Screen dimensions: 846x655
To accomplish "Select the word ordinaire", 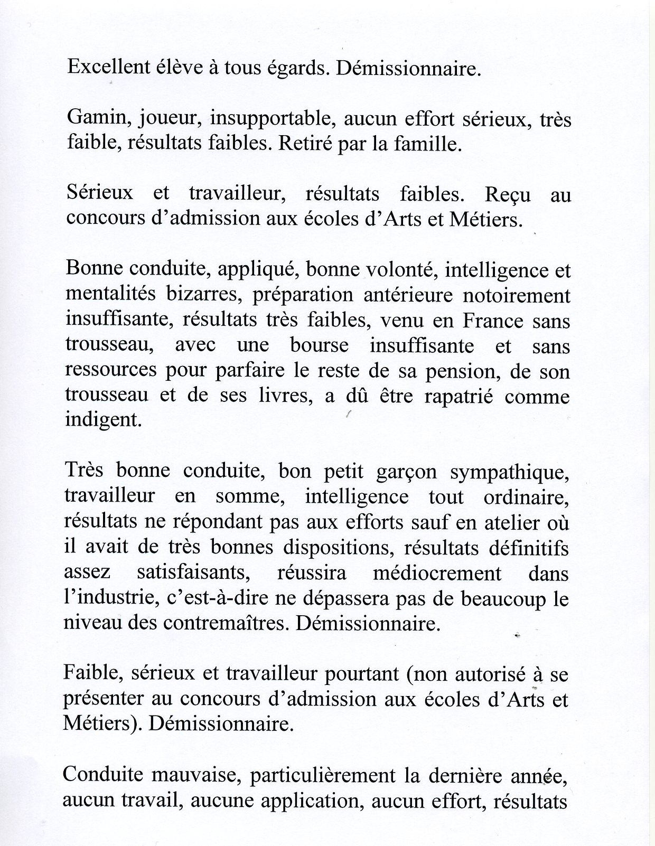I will point(529,497).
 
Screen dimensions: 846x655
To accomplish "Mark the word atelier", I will point(511,522).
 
